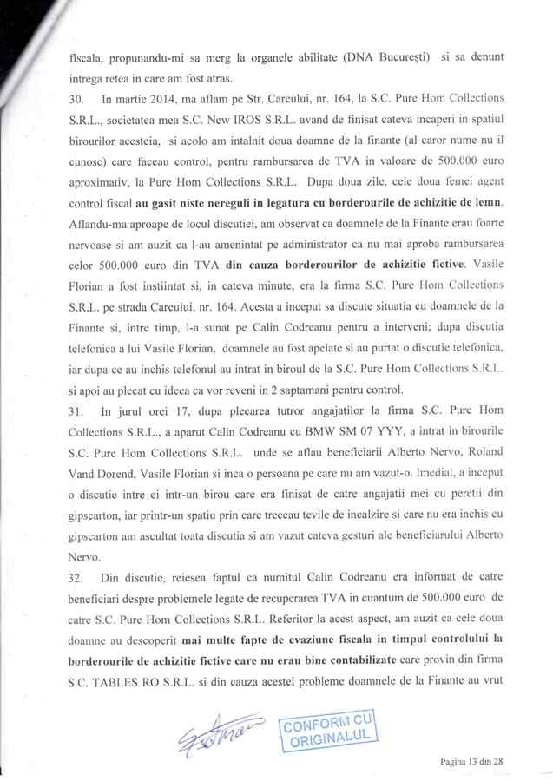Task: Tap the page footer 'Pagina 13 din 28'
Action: tap(474, 761)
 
